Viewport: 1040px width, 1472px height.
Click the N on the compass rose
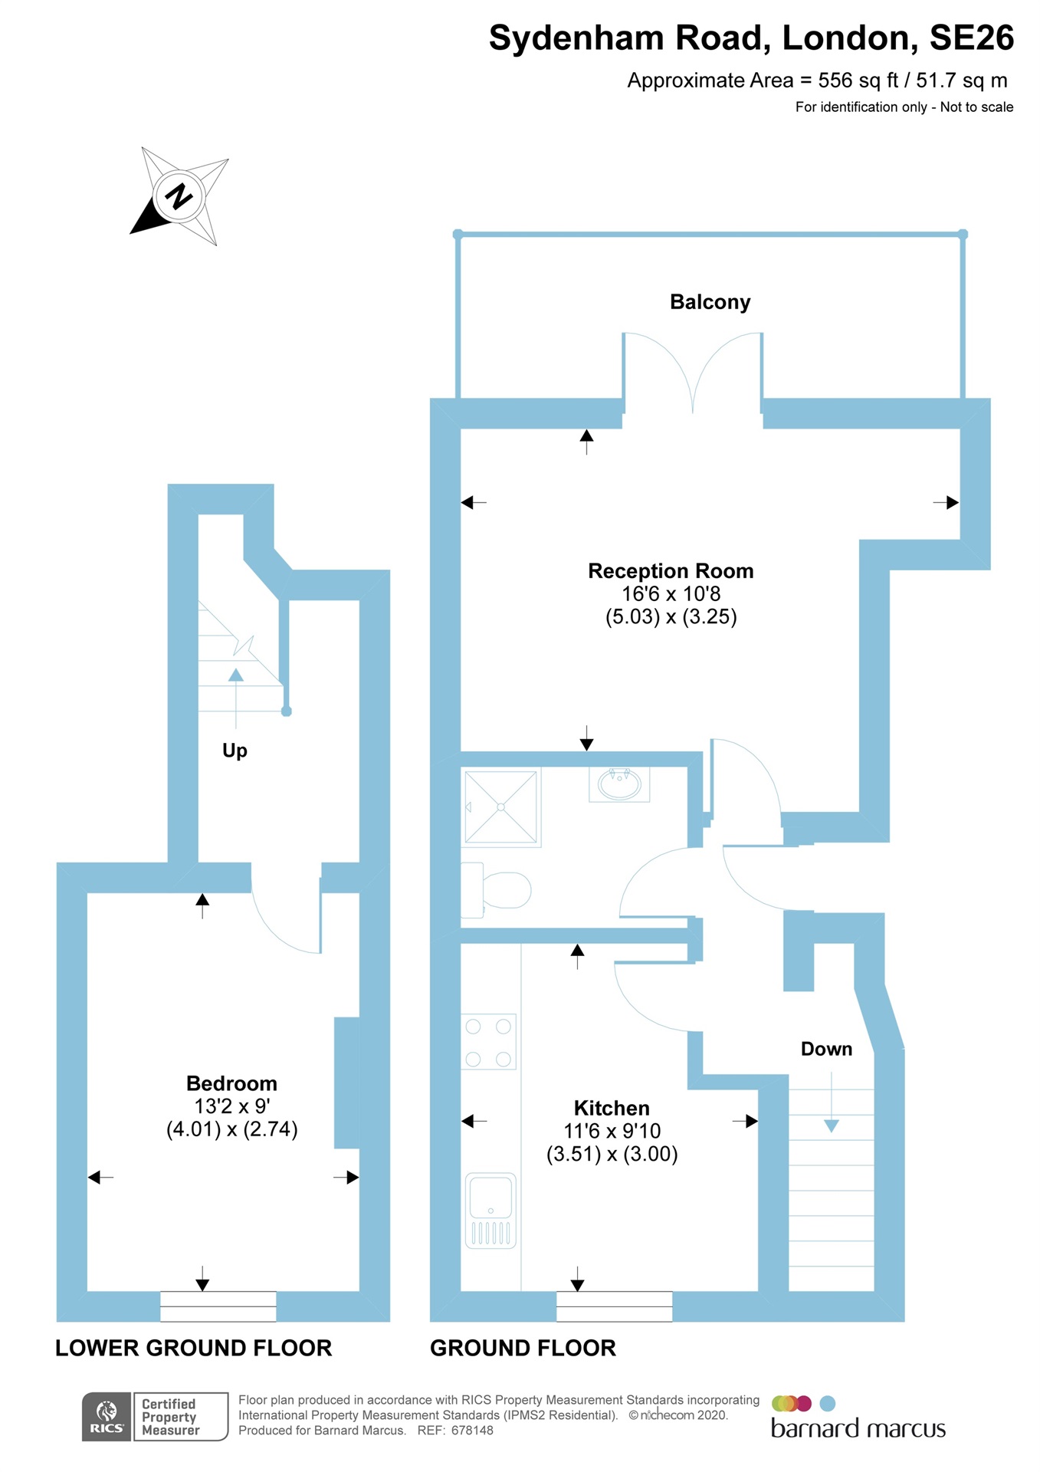click(x=179, y=196)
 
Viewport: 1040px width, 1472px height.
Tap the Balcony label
click(x=710, y=302)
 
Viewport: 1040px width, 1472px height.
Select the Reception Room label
click(x=671, y=571)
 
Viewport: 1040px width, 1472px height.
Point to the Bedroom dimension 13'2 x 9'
click(x=231, y=1106)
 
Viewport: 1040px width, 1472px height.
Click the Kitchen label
click(x=612, y=1108)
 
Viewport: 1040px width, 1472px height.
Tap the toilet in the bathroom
click(x=498, y=889)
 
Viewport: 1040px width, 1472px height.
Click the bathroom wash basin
click(x=619, y=784)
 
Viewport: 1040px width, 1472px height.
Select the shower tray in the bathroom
click(x=501, y=807)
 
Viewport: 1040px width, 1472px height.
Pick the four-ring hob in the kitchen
click(x=488, y=1042)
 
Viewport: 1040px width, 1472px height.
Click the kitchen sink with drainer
click(x=490, y=1210)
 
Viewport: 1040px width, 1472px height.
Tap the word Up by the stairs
click(x=235, y=751)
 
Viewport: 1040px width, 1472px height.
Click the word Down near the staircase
click(x=826, y=1049)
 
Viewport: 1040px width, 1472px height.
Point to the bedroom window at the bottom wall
click(x=218, y=1306)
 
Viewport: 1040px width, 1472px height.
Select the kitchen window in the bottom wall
click(x=614, y=1306)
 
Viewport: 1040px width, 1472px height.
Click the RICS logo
click(x=107, y=1416)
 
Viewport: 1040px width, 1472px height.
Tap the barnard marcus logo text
click(x=858, y=1429)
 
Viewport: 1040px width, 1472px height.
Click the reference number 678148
click(x=472, y=1431)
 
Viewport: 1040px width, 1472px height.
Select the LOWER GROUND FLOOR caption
click(x=193, y=1348)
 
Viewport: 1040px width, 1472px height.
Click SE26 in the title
click(x=971, y=38)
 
